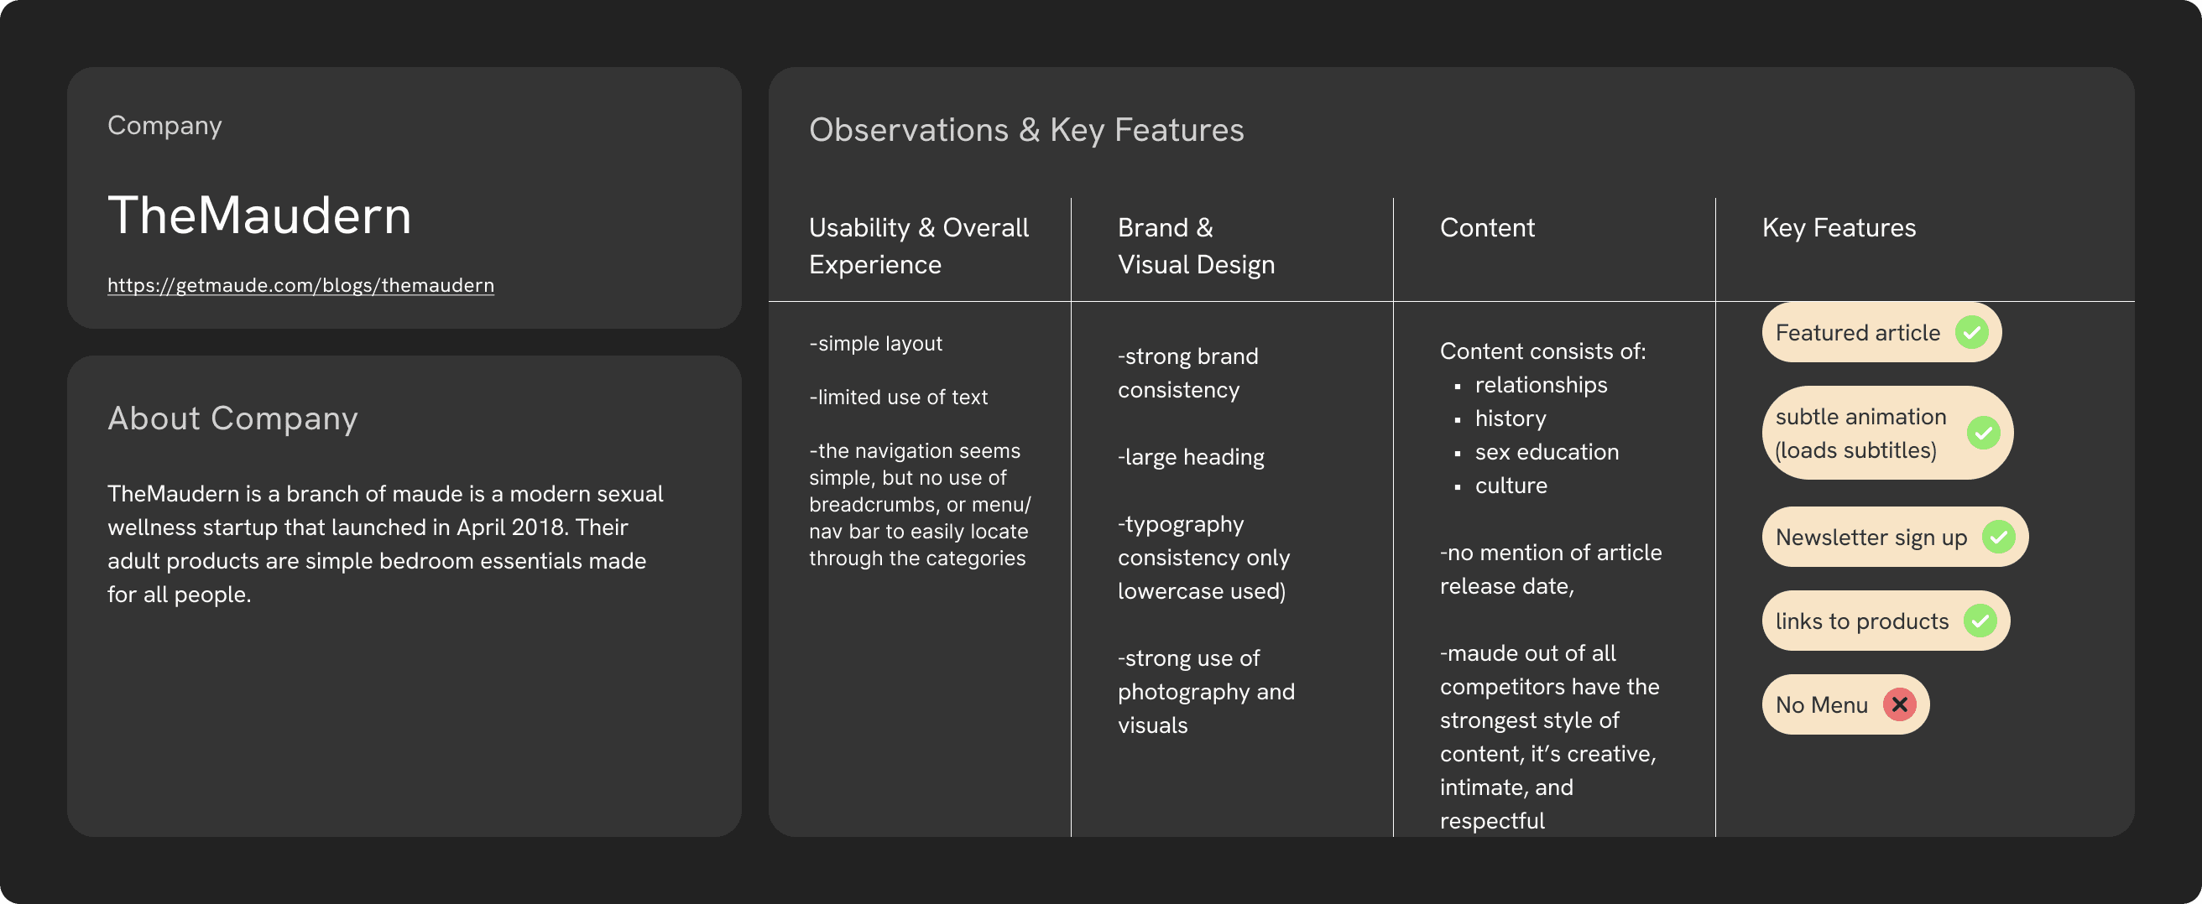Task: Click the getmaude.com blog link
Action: pos(300,285)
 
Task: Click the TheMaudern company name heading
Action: pos(259,215)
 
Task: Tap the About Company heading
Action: pos(232,418)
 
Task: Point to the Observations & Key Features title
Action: pos(1025,130)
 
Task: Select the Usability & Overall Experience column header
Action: pos(918,246)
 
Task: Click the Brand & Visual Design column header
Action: pos(1195,246)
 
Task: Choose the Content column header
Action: pos(1486,228)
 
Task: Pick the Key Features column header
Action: pos(1838,228)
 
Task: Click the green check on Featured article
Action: pos(1971,332)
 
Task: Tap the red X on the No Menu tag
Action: pos(1899,705)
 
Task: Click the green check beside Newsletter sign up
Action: pos(1999,537)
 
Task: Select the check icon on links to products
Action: pos(1980,621)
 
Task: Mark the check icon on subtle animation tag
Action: pos(1983,433)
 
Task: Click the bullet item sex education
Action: pos(1547,452)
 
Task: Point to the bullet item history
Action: pos(1510,418)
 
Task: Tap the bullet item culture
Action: pos(1511,486)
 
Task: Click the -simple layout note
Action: pos(875,344)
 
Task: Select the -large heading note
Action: pos(1190,457)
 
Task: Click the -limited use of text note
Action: pos(898,397)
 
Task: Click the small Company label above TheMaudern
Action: pos(164,126)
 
